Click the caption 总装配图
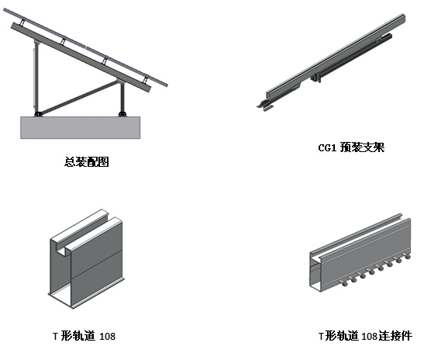click(x=87, y=162)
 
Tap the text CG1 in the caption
click(x=327, y=148)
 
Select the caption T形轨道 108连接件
click(x=365, y=336)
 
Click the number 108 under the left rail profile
click(x=108, y=336)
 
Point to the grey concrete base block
click(x=81, y=127)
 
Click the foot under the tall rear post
click(x=38, y=113)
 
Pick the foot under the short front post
click(x=122, y=113)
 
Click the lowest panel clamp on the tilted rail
click(x=146, y=79)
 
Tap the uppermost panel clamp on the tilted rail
click(x=22, y=21)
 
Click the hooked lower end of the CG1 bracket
click(x=265, y=106)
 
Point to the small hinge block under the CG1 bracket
click(x=315, y=78)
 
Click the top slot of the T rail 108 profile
click(x=85, y=232)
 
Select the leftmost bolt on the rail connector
click(x=344, y=283)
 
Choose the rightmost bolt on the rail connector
click(x=408, y=256)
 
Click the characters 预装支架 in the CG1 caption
click(x=362, y=147)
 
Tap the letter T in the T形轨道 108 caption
click(x=56, y=337)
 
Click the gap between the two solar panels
click(x=86, y=47)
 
